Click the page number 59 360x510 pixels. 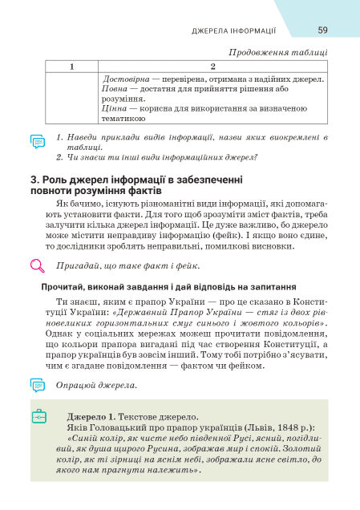(x=322, y=30)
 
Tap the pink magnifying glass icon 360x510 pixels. (x=37, y=265)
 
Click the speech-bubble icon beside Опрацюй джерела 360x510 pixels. (x=37, y=385)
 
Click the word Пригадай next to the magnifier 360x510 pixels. (x=76, y=265)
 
